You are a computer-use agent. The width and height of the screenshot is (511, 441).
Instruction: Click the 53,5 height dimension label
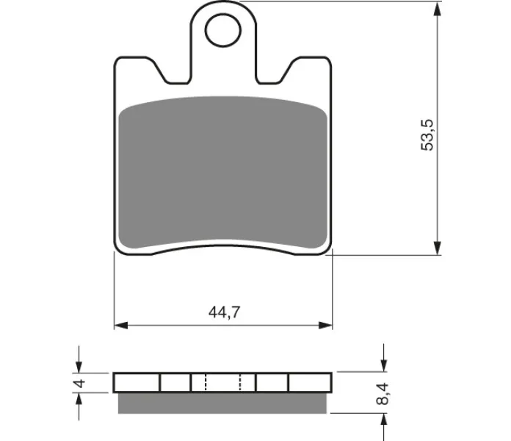(427, 135)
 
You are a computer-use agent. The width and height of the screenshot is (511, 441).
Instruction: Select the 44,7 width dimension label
(224, 312)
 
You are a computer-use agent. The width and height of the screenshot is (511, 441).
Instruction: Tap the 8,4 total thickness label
(383, 394)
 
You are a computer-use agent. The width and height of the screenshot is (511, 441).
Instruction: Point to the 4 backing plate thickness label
(79, 383)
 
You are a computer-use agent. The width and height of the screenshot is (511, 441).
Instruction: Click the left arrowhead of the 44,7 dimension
(121, 325)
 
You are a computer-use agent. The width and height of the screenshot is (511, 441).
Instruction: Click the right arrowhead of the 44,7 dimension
(325, 325)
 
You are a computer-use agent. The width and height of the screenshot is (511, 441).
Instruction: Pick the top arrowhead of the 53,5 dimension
(438, 9)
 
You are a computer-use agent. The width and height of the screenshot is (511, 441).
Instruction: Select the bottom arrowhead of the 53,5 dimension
(438, 248)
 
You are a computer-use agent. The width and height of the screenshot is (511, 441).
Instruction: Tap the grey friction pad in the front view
(223, 172)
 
